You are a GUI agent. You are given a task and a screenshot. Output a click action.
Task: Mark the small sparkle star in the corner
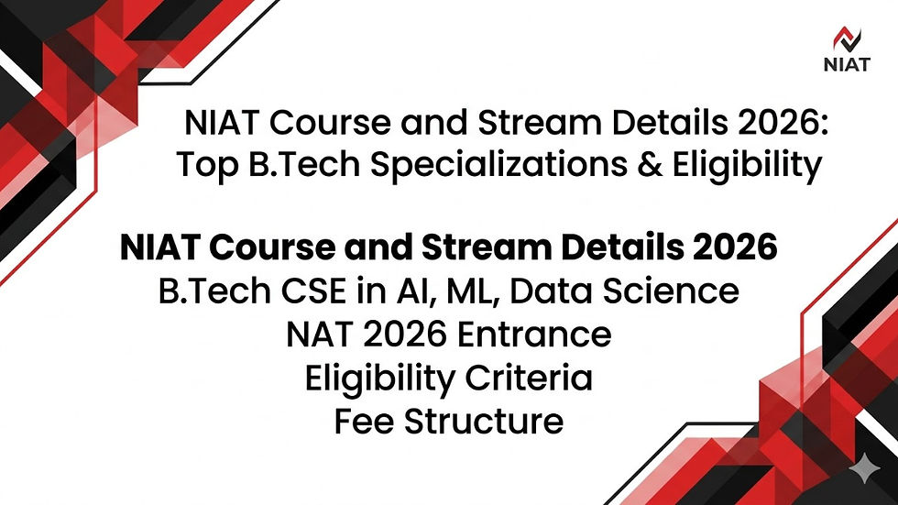tap(862, 470)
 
